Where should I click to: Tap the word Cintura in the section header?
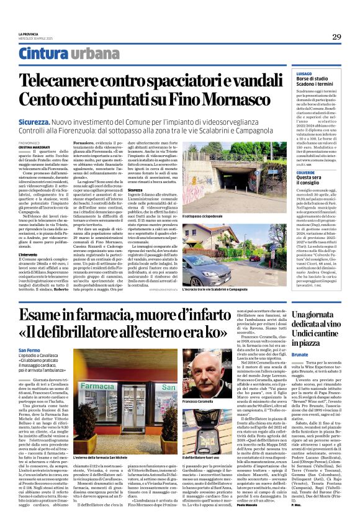(x=42, y=54)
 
